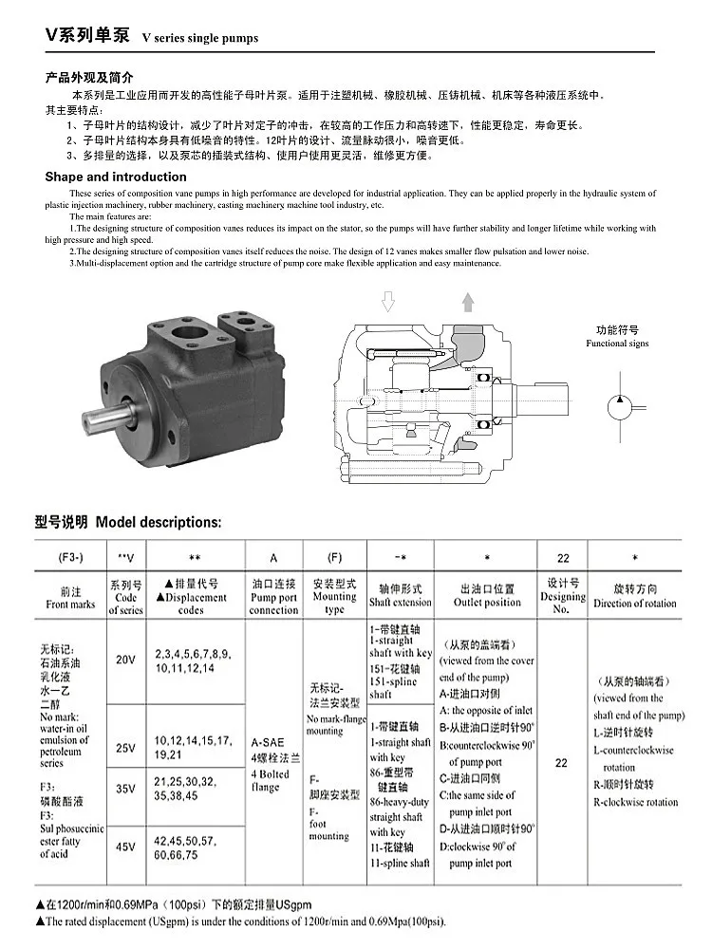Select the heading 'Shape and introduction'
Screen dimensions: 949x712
116,177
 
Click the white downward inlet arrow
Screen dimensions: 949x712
387,303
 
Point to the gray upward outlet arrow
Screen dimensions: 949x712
468,303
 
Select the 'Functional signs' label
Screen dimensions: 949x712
617,344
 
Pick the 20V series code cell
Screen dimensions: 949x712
125,660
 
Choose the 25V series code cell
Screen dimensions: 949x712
125,748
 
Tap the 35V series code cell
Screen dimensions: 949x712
125,789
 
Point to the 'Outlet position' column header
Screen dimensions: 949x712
487,602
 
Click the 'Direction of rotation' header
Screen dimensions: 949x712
635,603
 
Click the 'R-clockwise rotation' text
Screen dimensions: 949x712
635,802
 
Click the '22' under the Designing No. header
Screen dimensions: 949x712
561,762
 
